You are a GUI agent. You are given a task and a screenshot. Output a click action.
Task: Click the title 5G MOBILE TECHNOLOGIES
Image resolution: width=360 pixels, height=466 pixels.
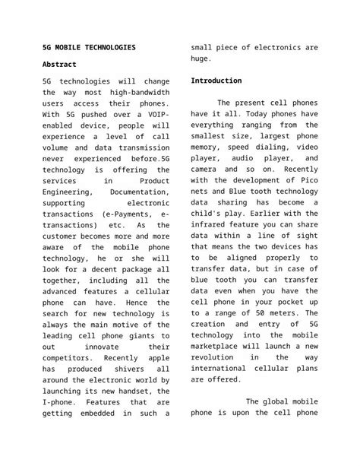(x=90, y=47)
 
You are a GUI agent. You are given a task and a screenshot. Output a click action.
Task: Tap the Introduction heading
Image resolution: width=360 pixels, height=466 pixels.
(x=216, y=81)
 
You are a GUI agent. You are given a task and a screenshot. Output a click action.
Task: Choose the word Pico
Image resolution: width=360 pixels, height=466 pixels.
(x=306, y=181)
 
